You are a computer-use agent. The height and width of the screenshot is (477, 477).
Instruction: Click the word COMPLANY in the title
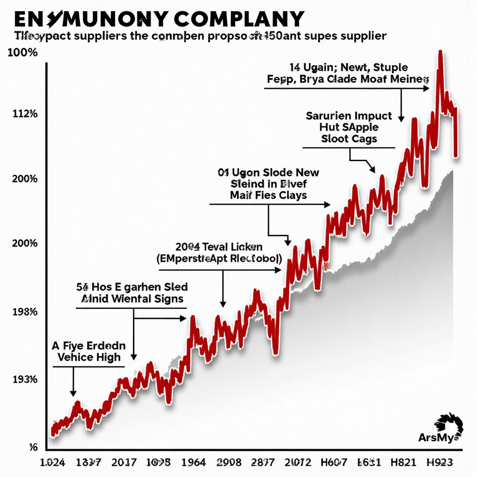point(238,18)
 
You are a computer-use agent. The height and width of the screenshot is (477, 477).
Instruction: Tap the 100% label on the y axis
point(23,53)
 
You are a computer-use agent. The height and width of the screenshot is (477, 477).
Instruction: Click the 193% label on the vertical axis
point(23,379)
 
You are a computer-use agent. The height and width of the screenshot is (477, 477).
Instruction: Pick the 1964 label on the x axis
point(193,462)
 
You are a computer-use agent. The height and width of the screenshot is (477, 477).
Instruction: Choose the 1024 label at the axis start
point(53,462)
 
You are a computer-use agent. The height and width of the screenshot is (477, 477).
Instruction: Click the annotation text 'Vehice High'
point(89,357)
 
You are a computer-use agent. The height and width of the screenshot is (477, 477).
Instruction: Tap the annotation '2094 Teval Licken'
point(218,246)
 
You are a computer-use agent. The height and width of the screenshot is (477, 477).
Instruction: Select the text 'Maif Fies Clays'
point(268,195)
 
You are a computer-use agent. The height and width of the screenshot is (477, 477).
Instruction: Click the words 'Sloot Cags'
point(349,138)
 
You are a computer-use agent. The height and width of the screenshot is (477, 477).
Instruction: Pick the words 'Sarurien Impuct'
point(349,116)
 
